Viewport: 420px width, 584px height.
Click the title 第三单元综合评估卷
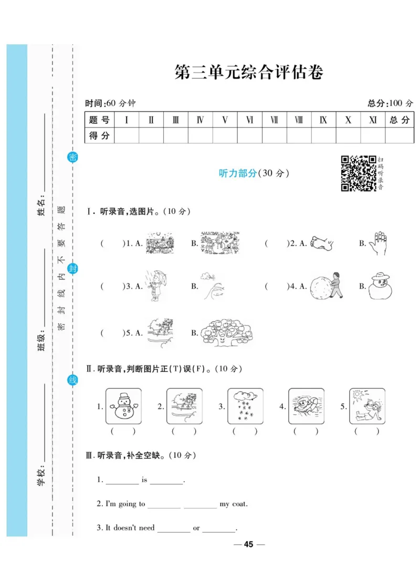coord(248,73)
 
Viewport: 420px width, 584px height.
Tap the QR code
coord(359,173)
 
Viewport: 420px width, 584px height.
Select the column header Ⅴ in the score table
coord(225,120)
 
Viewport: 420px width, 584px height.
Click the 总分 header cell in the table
coord(399,120)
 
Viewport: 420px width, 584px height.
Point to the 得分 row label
coord(99,135)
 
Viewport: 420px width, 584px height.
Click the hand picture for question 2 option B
coord(377,243)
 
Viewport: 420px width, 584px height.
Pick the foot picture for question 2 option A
coord(322,243)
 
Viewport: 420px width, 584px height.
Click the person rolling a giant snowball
coord(326,286)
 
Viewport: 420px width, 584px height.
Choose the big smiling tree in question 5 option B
coord(226,332)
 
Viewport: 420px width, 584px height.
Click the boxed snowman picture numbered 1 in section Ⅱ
coord(123,406)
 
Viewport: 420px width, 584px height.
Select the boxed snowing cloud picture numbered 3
coord(245,406)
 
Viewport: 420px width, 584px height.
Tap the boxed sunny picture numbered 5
coord(367,406)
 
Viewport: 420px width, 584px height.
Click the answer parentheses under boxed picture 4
coord(306,431)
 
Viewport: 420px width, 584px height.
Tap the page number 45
coord(249,544)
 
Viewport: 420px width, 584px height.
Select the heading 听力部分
coord(237,173)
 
